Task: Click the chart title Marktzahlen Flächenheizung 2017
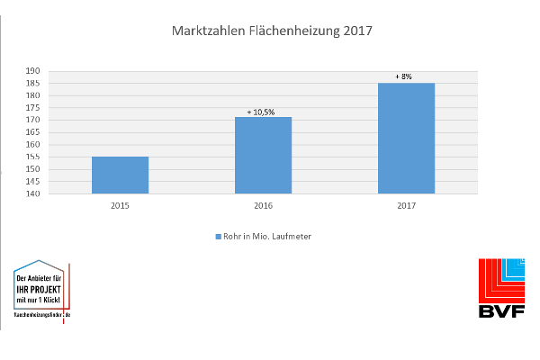[x=271, y=31]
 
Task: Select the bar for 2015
[x=120, y=175]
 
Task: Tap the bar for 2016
[x=263, y=155]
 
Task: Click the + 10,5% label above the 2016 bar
[x=262, y=112]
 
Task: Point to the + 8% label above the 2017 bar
[x=404, y=77]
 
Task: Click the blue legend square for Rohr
[x=217, y=237]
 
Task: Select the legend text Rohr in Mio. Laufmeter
[x=267, y=237]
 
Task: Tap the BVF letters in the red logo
[x=500, y=310]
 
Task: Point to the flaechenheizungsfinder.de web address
[x=42, y=314]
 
